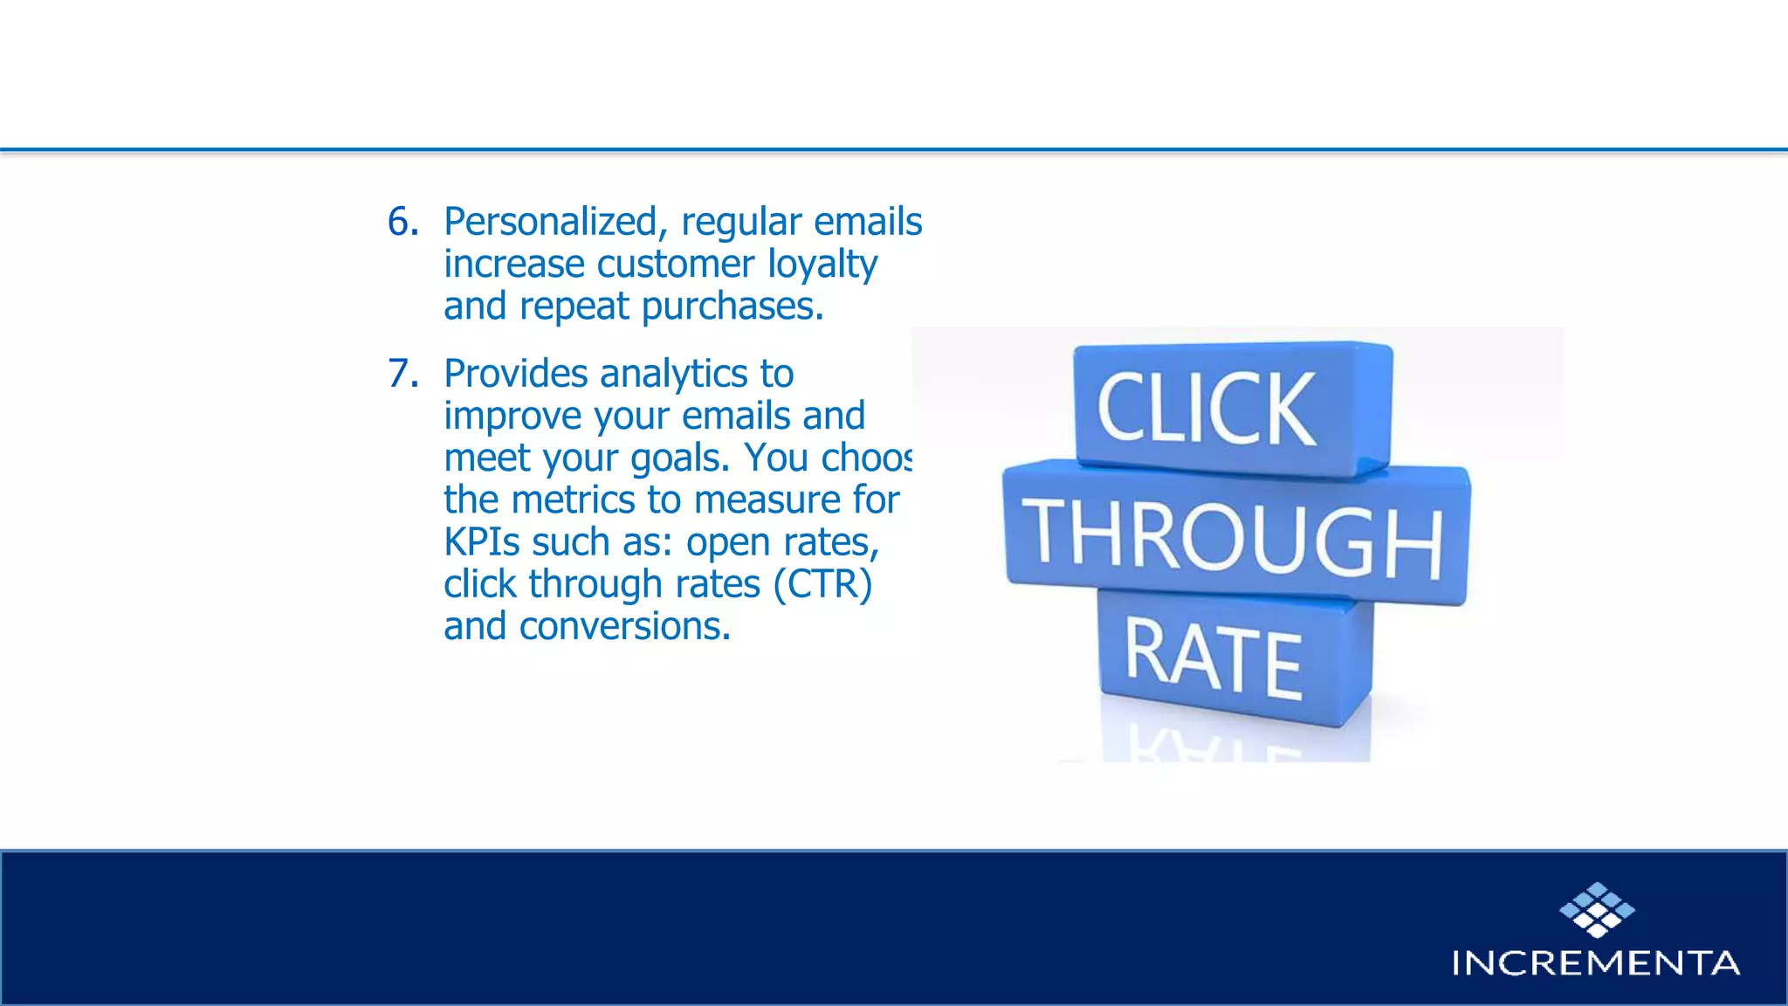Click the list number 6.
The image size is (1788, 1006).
(x=402, y=222)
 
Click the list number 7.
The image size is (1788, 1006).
(x=402, y=374)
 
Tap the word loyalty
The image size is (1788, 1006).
(x=822, y=265)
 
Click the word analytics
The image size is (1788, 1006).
(x=673, y=374)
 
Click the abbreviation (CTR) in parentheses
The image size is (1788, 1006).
(x=822, y=584)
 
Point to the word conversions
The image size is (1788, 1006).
(x=624, y=626)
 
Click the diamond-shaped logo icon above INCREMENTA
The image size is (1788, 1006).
(x=1596, y=909)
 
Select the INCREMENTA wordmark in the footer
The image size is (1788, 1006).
(x=1596, y=963)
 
